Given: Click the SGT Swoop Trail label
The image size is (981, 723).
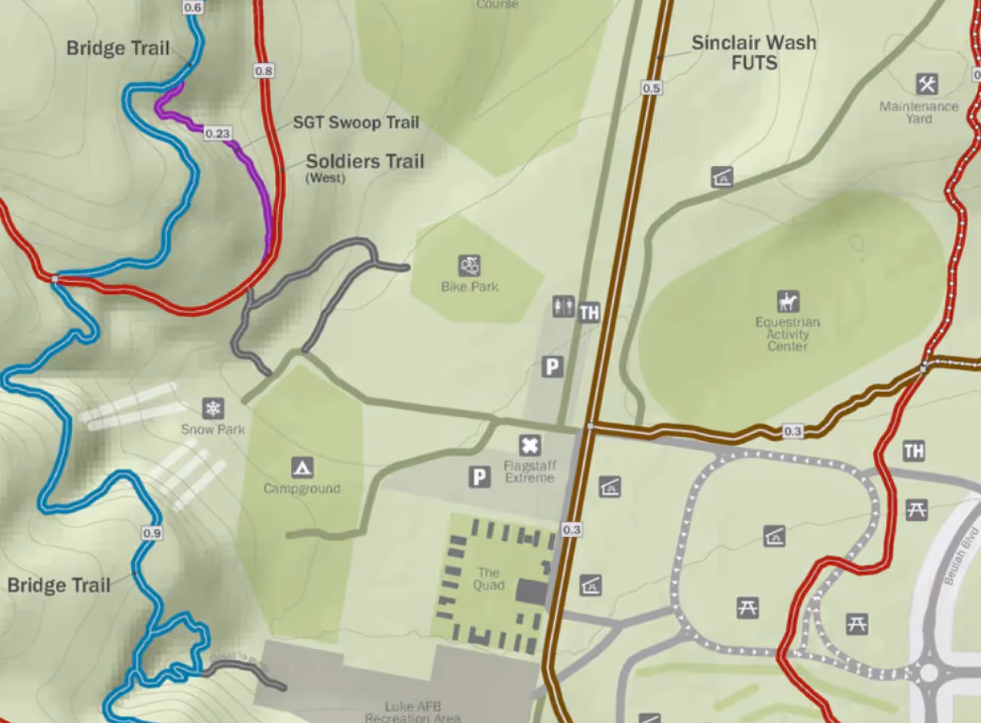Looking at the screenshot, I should pyautogui.click(x=356, y=123).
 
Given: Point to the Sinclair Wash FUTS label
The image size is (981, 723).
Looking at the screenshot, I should pyautogui.click(x=753, y=53).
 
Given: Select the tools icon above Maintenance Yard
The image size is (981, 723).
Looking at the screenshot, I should pyautogui.click(x=927, y=83).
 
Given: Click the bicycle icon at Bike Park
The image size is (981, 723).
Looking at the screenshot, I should pyautogui.click(x=470, y=266).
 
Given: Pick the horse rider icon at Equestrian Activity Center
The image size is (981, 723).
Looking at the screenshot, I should pyautogui.click(x=788, y=301).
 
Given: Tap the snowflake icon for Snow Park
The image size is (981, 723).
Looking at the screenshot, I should pyautogui.click(x=213, y=408).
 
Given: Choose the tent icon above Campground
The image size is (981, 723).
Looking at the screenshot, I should pyautogui.click(x=302, y=467).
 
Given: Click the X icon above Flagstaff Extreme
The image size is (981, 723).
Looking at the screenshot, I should pyautogui.click(x=530, y=445).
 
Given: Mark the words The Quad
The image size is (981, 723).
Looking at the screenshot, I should pyautogui.click(x=489, y=579).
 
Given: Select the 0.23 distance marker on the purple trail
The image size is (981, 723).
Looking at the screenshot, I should pyautogui.click(x=218, y=133).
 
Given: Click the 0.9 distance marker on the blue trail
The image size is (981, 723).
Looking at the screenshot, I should pyautogui.click(x=152, y=533).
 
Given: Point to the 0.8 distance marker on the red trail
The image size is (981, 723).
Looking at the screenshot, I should pyautogui.click(x=264, y=70).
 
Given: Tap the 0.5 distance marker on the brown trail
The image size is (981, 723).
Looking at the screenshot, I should pyautogui.click(x=651, y=88).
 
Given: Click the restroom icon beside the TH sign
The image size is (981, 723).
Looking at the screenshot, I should pyautogui.click(x=563, y=306).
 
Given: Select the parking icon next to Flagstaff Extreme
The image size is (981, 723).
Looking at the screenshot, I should pyautogui.click(x=480, y=477).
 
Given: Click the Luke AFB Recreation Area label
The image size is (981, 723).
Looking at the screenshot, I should pyautogui.click(x=414, y=712).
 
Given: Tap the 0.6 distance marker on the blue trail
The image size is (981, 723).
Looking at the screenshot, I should pyautogui.click(x=193, y=8).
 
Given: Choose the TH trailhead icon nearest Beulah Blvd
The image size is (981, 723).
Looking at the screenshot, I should pyautogui.click(x=914, y=450).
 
